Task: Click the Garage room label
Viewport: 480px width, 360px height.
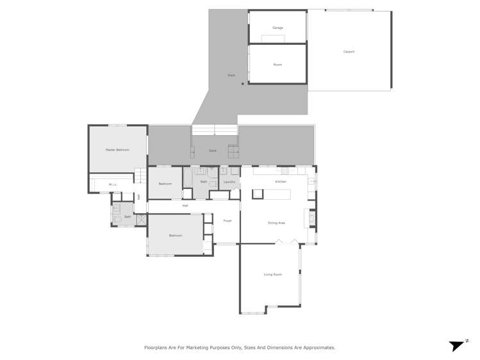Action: [277, 28]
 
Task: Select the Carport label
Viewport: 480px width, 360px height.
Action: [349, 52]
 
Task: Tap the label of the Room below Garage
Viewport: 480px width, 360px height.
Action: [277, 65]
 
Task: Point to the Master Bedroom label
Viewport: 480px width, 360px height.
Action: [117, 150]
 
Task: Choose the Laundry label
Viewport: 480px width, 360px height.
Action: [229, 182]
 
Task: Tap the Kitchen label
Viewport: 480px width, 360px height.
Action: [281, 182]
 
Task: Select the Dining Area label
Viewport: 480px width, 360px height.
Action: [276, 223]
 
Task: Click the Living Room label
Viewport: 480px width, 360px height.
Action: [272, 275]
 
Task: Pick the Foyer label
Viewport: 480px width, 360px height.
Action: [227, 221]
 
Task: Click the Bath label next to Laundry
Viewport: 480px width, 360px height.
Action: [204, 182]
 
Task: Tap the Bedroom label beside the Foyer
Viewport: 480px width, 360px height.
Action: [176, 236]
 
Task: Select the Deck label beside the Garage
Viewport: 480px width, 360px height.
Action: [231, 76]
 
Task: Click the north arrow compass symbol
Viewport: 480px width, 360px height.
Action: [457, 346]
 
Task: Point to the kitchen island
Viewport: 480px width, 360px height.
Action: [271, 194]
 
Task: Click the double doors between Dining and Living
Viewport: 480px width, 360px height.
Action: [286, 242]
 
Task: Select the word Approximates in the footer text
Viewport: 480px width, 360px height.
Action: [316, 348]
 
